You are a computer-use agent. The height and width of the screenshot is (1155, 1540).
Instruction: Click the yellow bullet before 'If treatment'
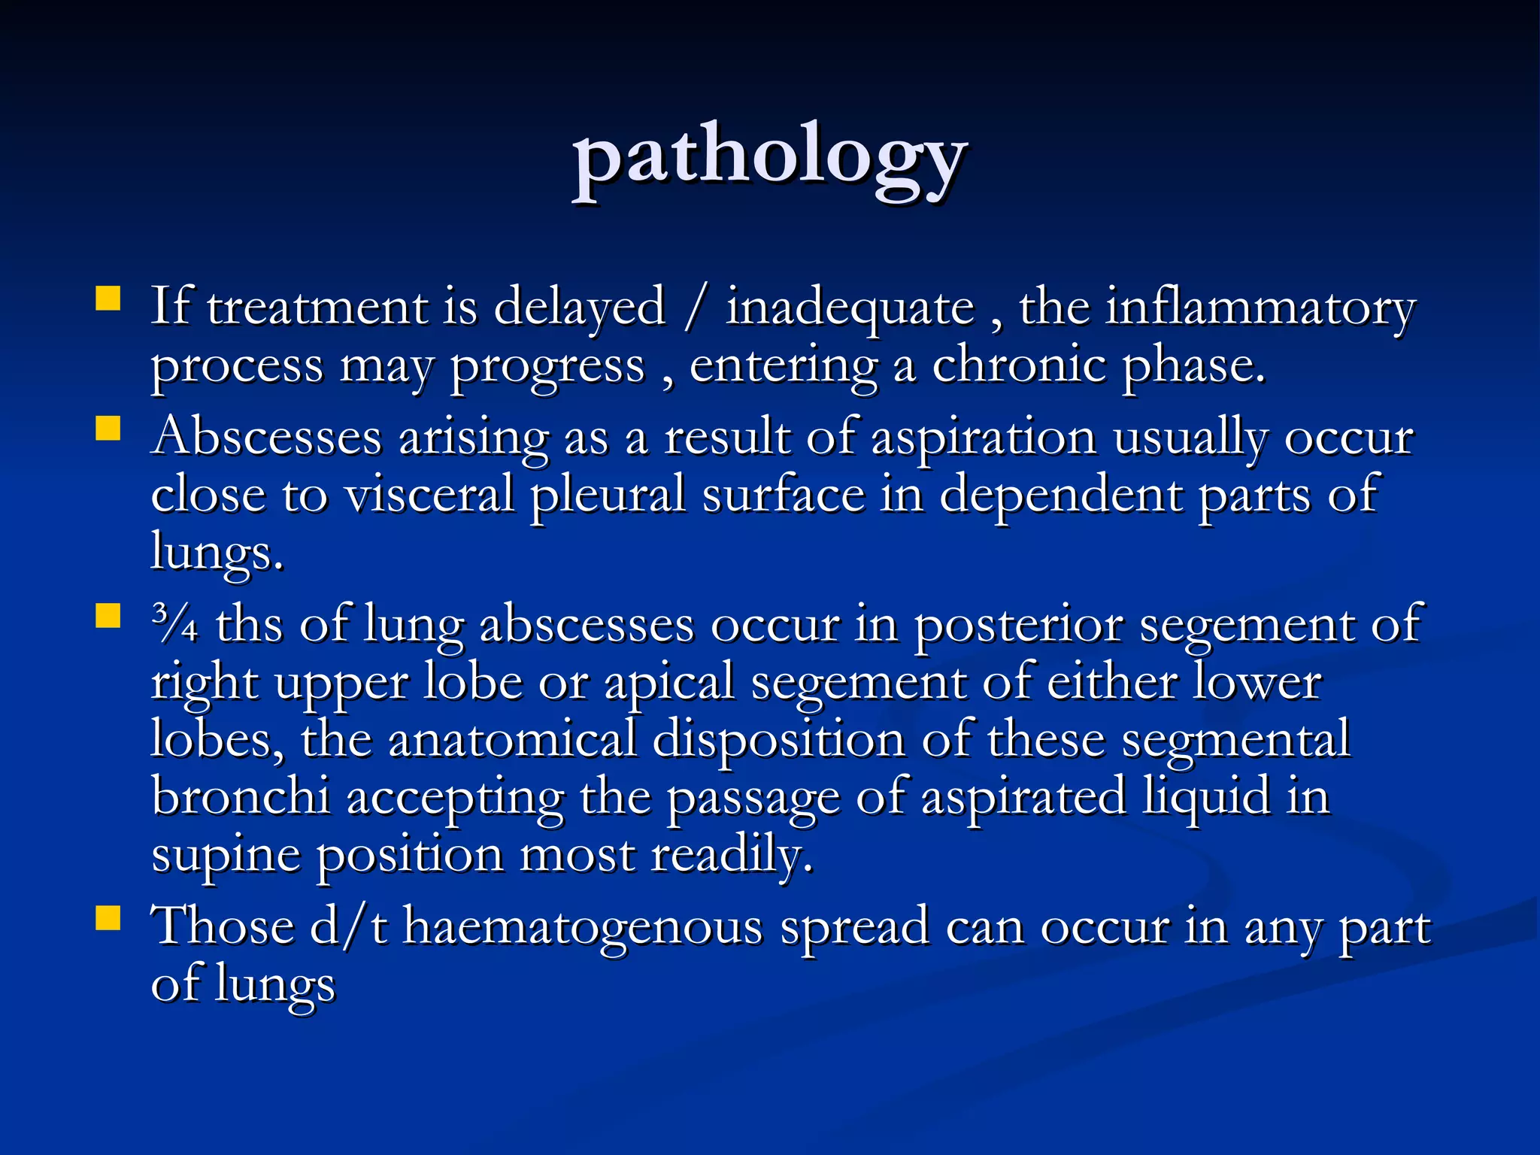coord(108,299)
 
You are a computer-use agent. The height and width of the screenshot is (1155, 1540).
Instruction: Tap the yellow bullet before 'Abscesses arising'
coord(108,429)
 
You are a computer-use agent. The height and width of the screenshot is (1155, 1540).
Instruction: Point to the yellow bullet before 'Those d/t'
coord(108,918)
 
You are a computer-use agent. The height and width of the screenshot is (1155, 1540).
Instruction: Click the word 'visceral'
coord(429,496)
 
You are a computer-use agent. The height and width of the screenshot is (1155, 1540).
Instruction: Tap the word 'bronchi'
coord(241,796)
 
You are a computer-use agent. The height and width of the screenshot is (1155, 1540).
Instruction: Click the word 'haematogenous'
coord(583,926)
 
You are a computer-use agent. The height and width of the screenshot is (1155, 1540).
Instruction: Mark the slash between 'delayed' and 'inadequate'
coord(696,308)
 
